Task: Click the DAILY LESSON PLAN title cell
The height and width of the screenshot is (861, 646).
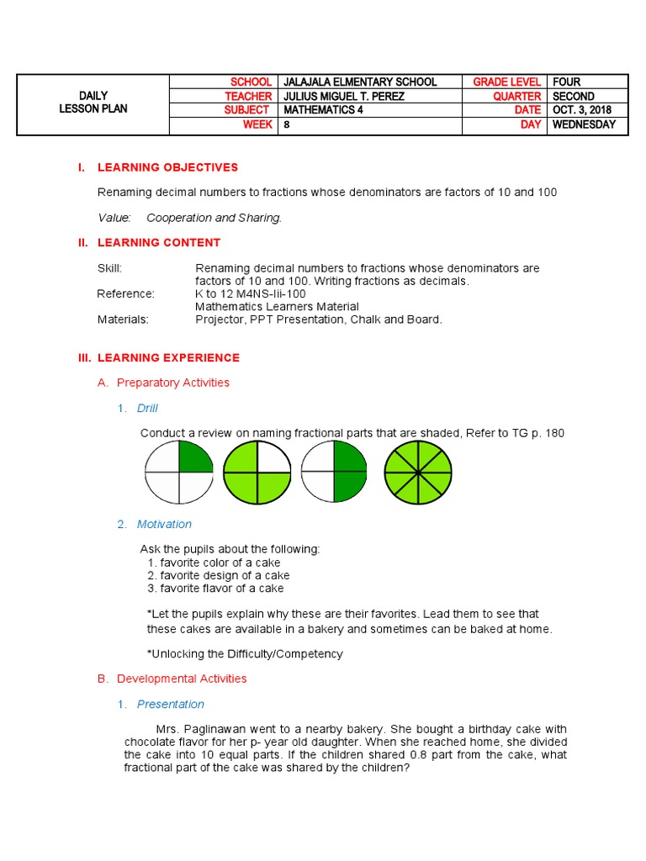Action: click(x=93, y=103)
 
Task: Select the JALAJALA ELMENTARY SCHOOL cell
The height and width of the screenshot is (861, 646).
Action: click(x=360, y=82)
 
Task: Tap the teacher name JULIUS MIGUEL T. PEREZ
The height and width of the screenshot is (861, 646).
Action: click(x=344, y=97)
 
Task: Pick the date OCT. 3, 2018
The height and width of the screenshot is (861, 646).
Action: click(x=582, y=110)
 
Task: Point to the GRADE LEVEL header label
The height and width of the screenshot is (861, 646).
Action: click(x=506, y=82)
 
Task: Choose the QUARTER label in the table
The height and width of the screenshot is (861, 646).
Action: click(x=516, y=97)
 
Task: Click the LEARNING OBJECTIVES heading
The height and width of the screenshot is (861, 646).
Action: click(x=167, y=167)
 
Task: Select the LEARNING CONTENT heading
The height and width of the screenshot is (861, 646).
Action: click(x=159, y=243)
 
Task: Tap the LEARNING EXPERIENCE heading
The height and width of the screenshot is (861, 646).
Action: click(x=168, y=358)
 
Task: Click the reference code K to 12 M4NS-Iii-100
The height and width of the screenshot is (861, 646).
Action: click(x=251, y=294)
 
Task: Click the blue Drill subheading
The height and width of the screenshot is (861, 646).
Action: click(x=147, y=409)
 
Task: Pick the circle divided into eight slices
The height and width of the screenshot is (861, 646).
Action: click(x=417, y=473)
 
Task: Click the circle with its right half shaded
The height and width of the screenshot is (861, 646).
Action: click(x=335, y=473)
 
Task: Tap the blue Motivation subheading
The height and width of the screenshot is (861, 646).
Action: click(x=164, y=525)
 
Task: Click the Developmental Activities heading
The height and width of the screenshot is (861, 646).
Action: click(x=182, y=679)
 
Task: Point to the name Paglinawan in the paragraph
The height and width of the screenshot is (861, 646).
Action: click(x=224, y=729)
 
